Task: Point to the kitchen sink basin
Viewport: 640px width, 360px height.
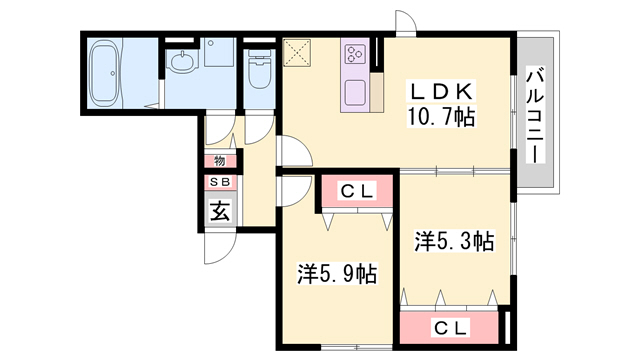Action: (356, 93)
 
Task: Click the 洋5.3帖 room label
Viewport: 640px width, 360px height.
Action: (455, 240)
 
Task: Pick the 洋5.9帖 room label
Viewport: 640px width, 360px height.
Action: (337, 272)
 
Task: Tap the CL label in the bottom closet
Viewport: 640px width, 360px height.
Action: (448, 326)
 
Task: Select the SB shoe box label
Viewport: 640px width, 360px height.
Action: (218, 183)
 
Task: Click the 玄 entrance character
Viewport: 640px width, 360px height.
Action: (218, 210)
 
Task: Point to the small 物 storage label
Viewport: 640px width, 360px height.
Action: (218, 160)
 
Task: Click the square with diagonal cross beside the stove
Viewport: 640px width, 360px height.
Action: (298, 52)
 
